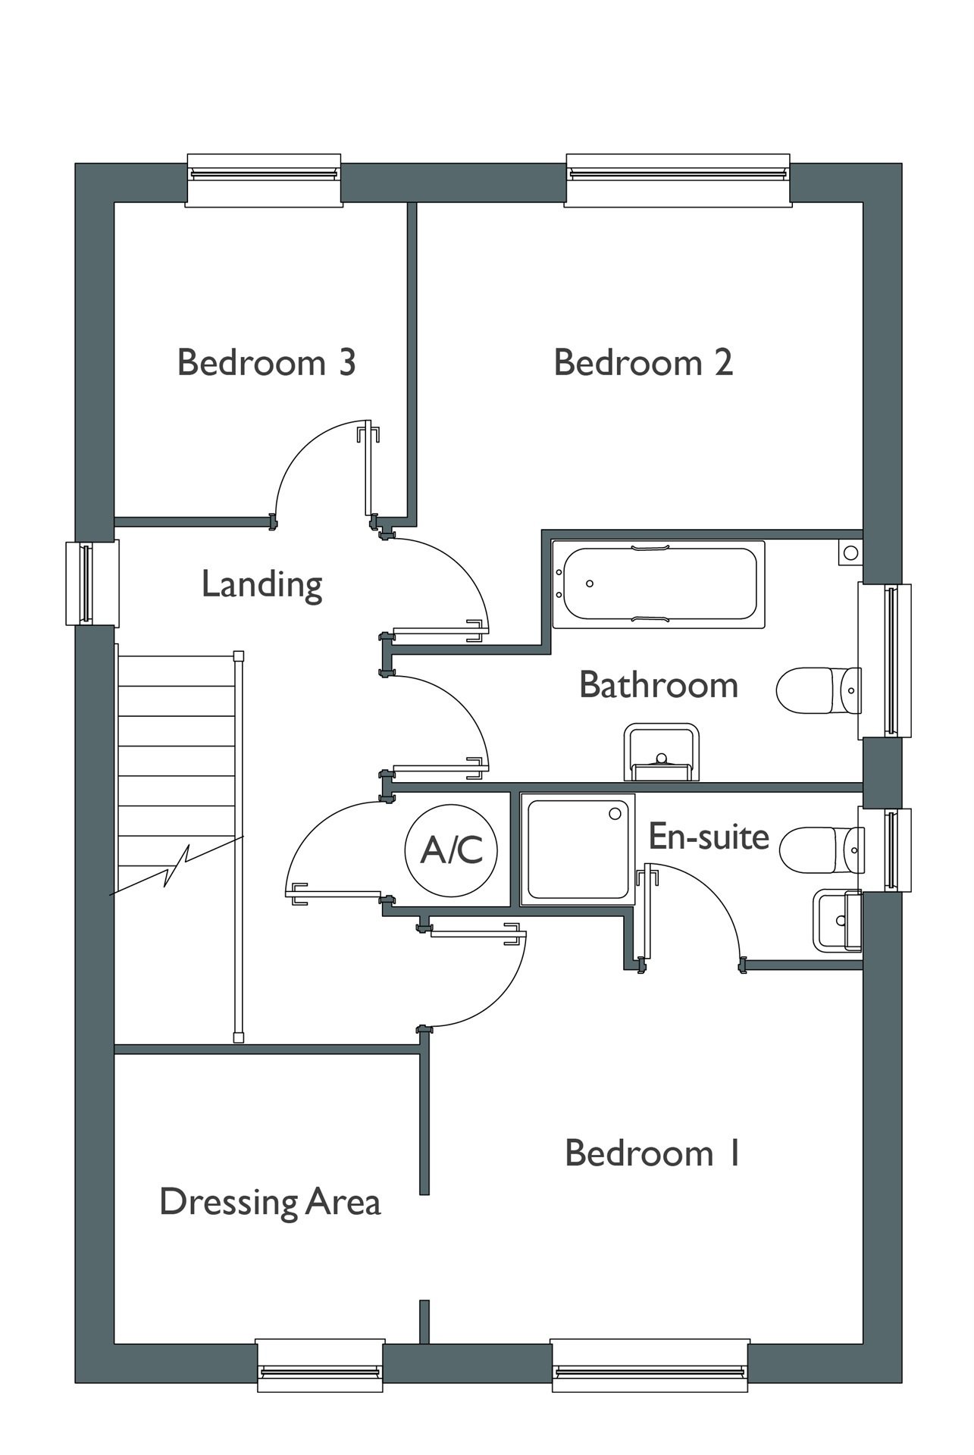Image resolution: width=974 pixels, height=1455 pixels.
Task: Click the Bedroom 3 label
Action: (267, 362)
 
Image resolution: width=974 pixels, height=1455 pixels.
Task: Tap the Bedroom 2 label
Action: (644, 362)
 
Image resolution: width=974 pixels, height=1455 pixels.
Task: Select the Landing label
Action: (262, 585)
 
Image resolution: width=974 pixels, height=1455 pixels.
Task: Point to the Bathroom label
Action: (659, 684)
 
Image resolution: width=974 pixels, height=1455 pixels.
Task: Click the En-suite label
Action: (709, 837)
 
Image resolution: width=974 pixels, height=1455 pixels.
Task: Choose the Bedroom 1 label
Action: (653, 1153)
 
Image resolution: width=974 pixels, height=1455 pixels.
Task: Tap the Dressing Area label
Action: (270, 1203)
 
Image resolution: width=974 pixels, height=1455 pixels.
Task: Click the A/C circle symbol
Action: (452, 849)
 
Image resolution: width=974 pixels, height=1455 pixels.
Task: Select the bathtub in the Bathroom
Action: (658, 584)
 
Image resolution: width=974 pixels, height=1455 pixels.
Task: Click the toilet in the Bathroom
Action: (819, 690)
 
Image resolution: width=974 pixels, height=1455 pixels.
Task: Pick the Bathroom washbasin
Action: (661, 752)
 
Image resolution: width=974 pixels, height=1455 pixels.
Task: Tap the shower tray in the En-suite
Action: (578, 849)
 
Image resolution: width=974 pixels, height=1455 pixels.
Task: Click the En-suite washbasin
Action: (838, 921)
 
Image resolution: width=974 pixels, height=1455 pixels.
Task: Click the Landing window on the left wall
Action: (92, 583)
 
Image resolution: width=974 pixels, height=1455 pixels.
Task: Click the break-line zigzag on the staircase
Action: (177, 866)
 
